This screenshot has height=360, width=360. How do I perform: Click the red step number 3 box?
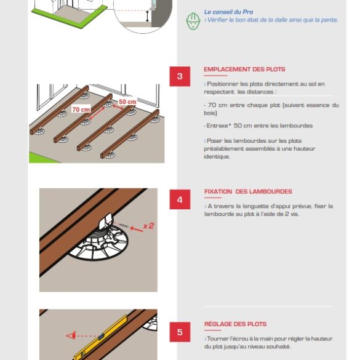click(x=180, y=76)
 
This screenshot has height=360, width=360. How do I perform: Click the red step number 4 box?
click(x=180, y=199)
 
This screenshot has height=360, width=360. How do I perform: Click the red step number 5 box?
click(x=180, y=332)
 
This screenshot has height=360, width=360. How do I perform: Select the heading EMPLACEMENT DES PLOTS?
click(x=244, y=70)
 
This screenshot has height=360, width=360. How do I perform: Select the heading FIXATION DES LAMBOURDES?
click(x=248, y=191)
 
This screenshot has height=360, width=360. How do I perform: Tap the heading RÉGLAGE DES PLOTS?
click(x=235, y=324)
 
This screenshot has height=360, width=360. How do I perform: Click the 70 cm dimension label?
click(x=81, y=110)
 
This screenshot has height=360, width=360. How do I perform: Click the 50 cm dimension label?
click(x=127, y=102)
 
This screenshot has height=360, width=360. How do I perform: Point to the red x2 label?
click(x=148, y=226)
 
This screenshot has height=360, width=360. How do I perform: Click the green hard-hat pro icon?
click(x=193, y=21)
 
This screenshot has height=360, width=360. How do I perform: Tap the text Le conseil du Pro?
click(x=228, y=12)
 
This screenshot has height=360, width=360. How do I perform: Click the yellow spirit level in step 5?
click(x=98, y=342)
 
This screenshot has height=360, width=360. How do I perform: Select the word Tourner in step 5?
click(x=218, y=338)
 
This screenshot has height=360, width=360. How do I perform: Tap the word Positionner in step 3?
click(x=223, y=84)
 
